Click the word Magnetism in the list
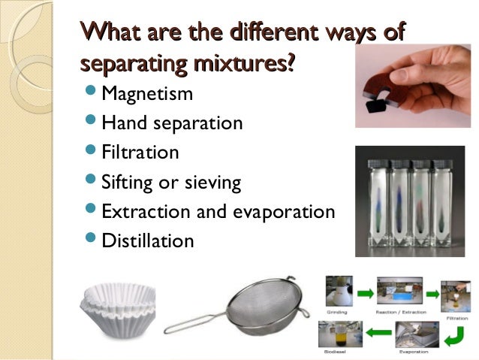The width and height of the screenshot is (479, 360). pyautogui.click(x=146, y=94)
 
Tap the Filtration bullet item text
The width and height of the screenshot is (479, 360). pyautogui.click(x=140, y=152)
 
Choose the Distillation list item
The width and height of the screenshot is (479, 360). pyautogui.click(x=147, y=241)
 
